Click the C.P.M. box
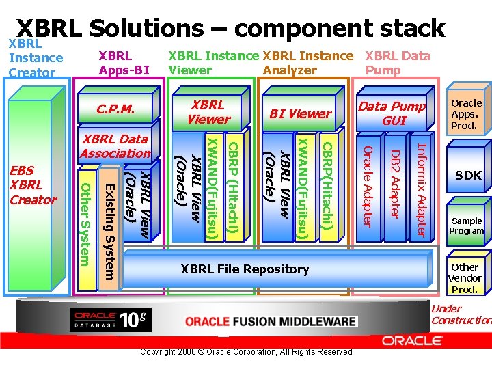(x=115, y=109)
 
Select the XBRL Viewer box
(x=208, y=111)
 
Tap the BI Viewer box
(x=300, y=113)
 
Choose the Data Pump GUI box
(x=392, y=113)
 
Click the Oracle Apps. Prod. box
(x=467, y=114)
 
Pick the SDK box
(x=468, y=176)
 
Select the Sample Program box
(x=467, y=225)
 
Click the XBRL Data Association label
(x=114, y=147)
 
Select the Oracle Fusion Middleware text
(x=271, y=321)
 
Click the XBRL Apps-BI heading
(x=124, y=62)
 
